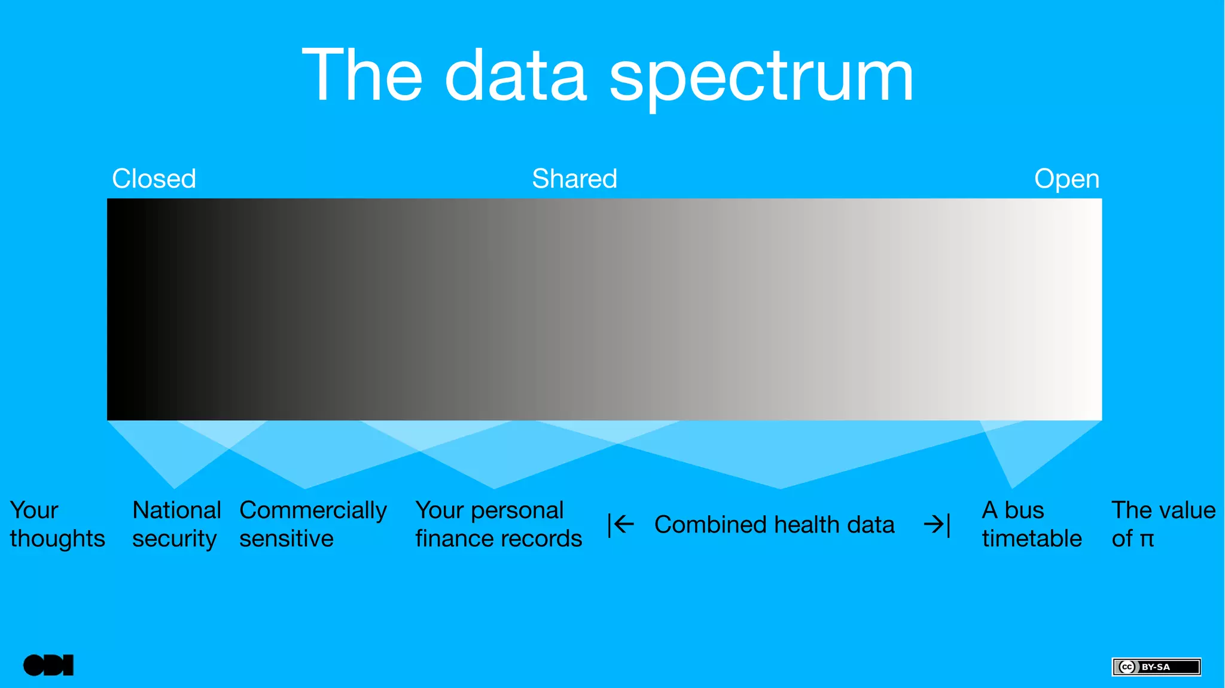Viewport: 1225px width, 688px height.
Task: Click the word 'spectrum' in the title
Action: [761, 78]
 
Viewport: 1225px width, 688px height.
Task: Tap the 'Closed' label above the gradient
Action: [154, 179]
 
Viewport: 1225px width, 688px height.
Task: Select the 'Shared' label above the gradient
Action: [574, 179]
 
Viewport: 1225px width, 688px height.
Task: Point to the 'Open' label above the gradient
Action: [1066, 179]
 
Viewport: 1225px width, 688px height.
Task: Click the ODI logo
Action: [48, 665]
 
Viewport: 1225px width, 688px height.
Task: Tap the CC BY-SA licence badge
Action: [1156, 666]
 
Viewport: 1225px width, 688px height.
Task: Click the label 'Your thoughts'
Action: [57, 524]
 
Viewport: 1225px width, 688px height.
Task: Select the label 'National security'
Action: [176, 524]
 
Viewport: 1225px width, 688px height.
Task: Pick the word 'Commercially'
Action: [313, 510]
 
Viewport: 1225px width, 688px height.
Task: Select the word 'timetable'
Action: [1031, 539]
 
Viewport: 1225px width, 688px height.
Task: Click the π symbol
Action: [1146, 540]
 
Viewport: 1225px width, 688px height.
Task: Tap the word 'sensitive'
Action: [286, 539]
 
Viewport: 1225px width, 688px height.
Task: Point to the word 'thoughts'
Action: [57, 539]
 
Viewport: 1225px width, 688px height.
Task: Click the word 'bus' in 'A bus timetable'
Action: [1024, 510]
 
